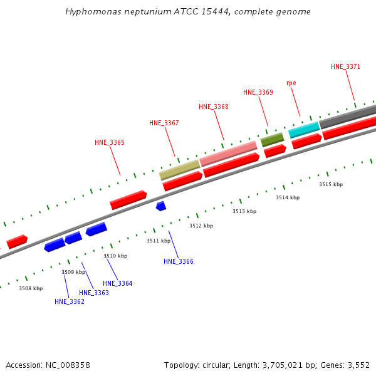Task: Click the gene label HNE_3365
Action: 110,142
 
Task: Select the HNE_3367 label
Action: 164,123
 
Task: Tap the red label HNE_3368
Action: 214,107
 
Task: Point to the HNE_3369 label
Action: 258,92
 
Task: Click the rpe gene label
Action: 291,83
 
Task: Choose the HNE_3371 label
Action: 346,66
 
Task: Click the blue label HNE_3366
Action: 179,261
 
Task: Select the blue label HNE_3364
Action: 118,283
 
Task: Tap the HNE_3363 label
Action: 94,293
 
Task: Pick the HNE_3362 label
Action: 70,301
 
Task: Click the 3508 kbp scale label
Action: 31,288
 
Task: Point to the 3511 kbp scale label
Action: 159,241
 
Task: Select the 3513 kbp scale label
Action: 244,211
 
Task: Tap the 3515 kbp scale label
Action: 331,184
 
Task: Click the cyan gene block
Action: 305,130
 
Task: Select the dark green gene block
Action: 272,139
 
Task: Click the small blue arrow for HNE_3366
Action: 161,206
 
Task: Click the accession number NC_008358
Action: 68,365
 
